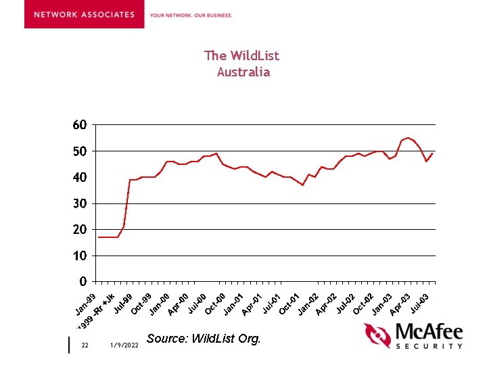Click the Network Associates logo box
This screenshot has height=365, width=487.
click(x=84, y=14)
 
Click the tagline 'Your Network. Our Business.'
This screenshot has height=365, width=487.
click(x=191, y=15)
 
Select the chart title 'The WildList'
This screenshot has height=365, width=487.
click(x=241, y=55)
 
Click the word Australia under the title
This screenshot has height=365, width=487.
click(x=243, y=72)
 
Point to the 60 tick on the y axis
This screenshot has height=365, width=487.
click(x=79, y=125)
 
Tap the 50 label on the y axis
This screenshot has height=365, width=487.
click(x=79, y=151)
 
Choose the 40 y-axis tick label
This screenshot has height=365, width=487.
click(x=79, y=177)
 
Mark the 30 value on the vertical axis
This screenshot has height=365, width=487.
click(x=79, y=203)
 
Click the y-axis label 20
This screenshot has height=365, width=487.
click(x=79, y=230)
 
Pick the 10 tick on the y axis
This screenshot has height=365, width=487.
click(x=79, y=256)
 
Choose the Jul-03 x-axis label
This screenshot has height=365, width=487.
click(x=419, y=303)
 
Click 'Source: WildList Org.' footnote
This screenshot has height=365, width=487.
click(x=203, y=339)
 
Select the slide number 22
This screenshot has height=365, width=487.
click(x=85, y=345)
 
